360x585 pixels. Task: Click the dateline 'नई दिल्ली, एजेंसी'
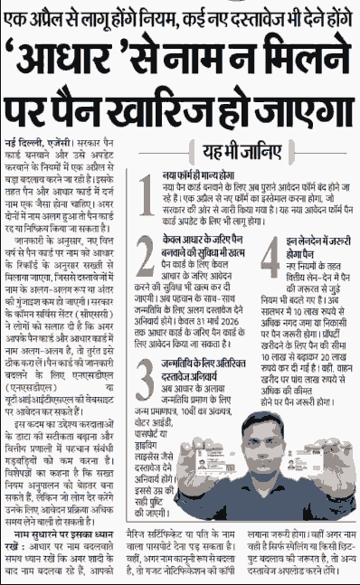tap(35, 144)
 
